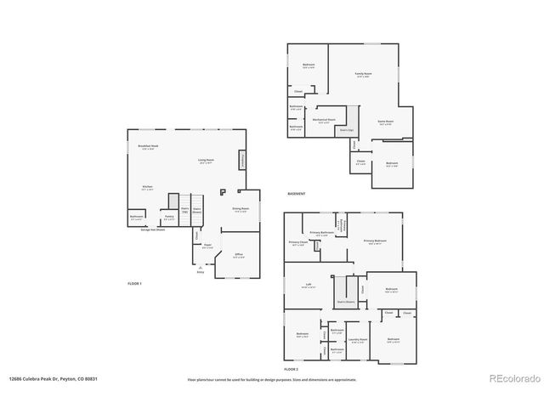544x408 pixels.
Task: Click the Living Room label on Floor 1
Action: point(206,161)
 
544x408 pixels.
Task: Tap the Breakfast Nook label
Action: point(149,146)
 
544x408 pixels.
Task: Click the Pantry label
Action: point(169,217)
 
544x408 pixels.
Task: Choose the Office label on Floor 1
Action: point(239,254)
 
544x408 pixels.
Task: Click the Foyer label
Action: point(207,246)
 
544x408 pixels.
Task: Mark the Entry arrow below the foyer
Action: point(201,269)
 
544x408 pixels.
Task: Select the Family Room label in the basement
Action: point(364,75)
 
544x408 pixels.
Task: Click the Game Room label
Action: point(385,122)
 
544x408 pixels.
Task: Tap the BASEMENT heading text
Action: point(297,194)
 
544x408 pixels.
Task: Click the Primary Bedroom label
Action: point(375,241)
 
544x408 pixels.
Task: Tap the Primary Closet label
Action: point(297,243)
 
